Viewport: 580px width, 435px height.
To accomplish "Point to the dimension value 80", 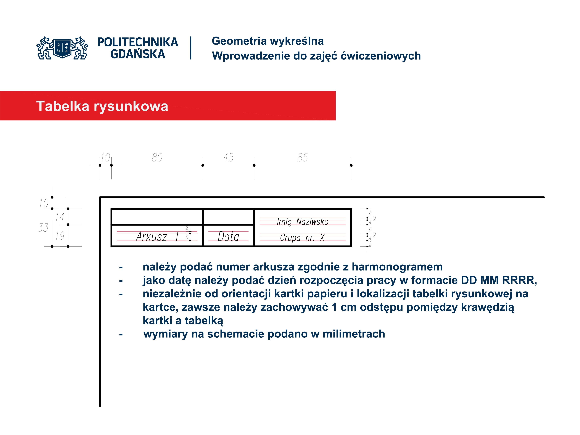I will click(157, 158).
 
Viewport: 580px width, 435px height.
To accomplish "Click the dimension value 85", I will click(302, 158).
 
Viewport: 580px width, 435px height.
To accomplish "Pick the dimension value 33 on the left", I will click(43, 228).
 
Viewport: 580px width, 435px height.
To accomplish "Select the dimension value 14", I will click(60, 217).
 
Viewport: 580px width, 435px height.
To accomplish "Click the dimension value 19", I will click(60, 235).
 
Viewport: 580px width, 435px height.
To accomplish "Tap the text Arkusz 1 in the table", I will click(157, 237).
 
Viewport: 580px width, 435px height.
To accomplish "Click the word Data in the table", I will click(228, 237).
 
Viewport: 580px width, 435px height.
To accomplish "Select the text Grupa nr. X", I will click(302, 238).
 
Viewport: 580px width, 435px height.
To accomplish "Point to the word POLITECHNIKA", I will click(138, 42).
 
